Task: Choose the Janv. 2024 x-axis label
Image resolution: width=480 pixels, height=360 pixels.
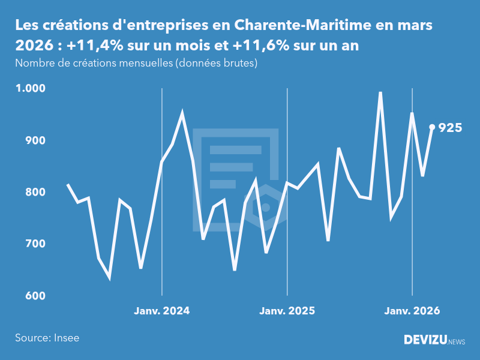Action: click(162, 311)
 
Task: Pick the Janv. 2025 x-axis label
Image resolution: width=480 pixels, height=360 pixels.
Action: click(287, 311)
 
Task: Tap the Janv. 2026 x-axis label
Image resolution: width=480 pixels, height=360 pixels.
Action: click(412, 311)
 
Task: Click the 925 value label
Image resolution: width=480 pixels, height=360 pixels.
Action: click(450, 127)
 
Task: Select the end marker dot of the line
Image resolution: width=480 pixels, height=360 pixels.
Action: click(432, 127)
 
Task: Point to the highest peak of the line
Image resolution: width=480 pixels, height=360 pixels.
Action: click(380, 93)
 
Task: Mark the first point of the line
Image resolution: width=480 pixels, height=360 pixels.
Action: click(68, 185)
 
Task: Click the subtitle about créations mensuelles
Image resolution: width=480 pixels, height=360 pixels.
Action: click(136, 64)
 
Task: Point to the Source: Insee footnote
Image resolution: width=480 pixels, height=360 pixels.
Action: click(47, 338)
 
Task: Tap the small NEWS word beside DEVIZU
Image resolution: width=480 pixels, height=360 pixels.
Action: click(457, 342)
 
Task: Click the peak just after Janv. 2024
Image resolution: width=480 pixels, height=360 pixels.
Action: click(182, 113)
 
